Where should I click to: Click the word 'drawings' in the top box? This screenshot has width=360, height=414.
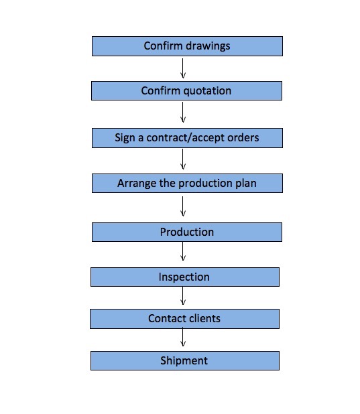208,46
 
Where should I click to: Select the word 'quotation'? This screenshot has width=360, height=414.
207,91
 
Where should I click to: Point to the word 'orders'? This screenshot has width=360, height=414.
243,138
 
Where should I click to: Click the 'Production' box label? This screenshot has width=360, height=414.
187,232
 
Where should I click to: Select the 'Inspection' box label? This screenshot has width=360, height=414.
184,277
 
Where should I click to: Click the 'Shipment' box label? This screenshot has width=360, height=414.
184,360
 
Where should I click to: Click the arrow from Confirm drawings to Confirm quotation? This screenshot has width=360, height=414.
182,68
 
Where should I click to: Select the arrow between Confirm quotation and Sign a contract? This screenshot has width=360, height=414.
182,113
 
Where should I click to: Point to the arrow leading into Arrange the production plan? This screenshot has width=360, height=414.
182,159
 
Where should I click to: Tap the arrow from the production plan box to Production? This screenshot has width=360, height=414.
182,206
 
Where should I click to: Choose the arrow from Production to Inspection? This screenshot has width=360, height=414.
182,251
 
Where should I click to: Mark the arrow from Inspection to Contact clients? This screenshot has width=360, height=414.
182,296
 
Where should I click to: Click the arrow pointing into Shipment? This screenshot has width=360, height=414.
182,337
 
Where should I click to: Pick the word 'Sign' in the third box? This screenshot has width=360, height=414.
125,138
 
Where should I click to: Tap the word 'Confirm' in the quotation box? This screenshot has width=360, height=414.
160,91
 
